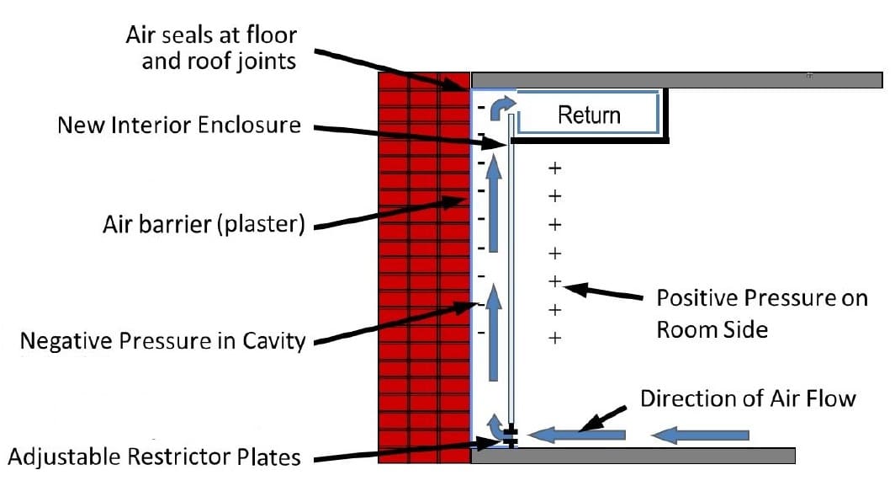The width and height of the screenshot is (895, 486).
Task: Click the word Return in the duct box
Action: (x=589, y=115)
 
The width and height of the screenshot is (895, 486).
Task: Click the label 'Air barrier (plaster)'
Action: (x=201, y=226)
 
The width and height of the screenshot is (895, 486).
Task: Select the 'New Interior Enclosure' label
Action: (x=178, y=126)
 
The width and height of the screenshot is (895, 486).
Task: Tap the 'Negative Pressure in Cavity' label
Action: (x=162, y=341)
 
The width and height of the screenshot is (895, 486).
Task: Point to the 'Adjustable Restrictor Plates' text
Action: (x=154, y=457)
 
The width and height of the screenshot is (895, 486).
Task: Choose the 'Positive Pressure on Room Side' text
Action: (x=760, y=312)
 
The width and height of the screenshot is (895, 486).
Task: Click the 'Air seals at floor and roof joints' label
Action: (x=210, y=48)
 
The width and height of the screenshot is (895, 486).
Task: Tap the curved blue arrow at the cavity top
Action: (x=500, y=106)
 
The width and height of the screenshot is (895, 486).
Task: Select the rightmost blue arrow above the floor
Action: (x=701, y=435)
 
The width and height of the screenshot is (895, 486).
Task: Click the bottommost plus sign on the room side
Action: (x=554, y=338)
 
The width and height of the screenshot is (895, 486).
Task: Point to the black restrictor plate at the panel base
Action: (x=510, y=436)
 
